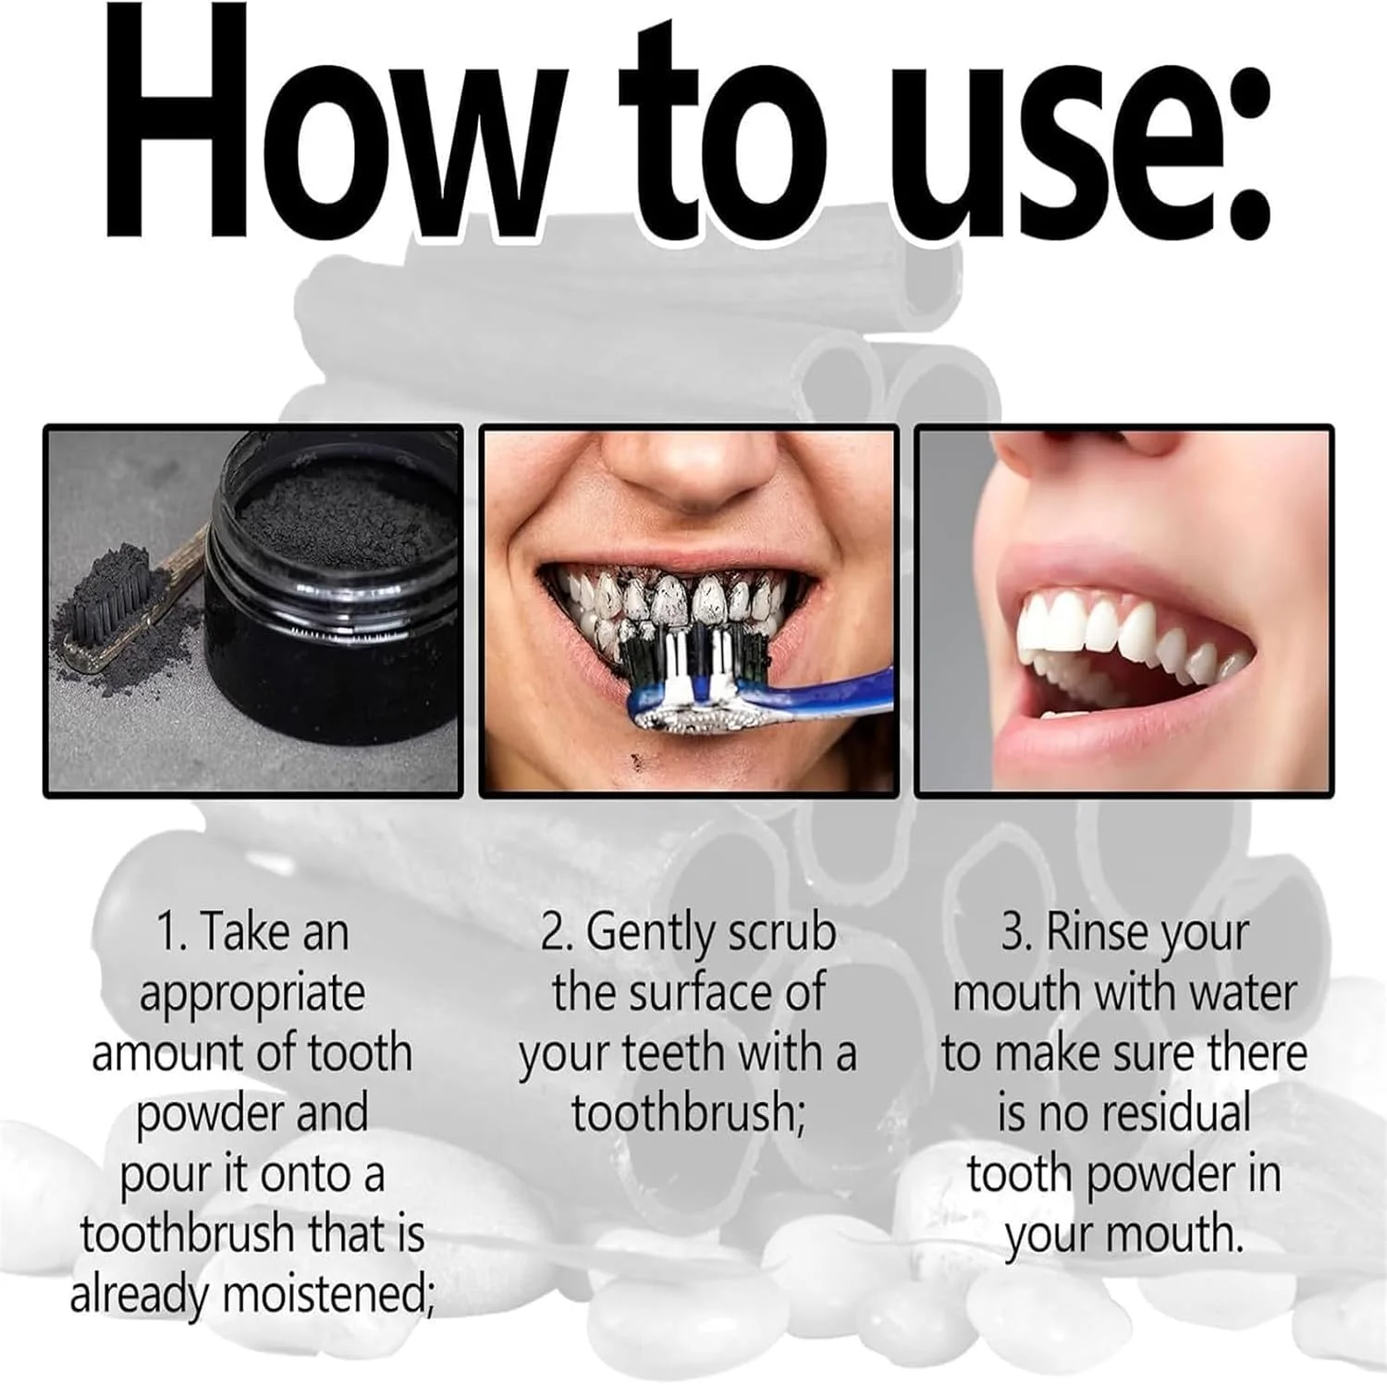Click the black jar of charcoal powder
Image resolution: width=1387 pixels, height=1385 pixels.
(333, 610)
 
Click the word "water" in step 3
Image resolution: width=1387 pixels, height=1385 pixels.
(1243, 993)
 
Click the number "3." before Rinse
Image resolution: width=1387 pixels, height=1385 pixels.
(1017, 932)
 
